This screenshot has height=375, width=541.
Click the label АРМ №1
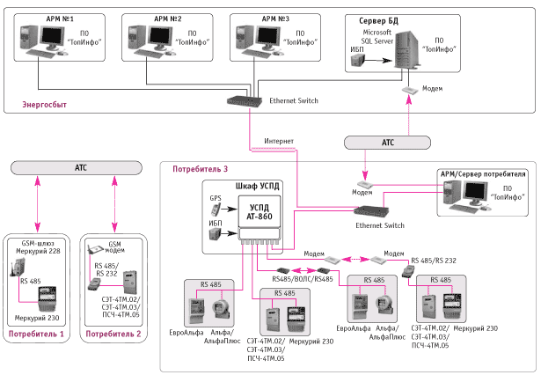(60, 18)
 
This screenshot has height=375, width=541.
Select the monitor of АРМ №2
(160, 37)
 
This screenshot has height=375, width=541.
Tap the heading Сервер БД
(378, 21)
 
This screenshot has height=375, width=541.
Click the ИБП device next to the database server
(358, 61)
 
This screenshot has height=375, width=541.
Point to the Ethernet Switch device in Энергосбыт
(245, 101)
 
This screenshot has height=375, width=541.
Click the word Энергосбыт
(45, 104)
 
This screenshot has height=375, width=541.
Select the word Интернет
(279, 141)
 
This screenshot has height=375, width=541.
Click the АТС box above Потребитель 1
(77, 168)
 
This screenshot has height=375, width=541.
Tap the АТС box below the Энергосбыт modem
(387, 143)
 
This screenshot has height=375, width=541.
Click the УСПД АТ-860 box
(260, 211)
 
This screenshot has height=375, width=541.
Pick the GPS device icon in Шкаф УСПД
(216, 210)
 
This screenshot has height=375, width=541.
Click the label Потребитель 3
(200, 169)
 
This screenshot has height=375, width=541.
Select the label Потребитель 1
(36, 334)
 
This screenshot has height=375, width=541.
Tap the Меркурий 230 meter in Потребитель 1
(47, 299)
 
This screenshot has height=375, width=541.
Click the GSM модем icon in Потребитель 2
(96, 250)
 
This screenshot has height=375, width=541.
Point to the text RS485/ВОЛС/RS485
(303, 279)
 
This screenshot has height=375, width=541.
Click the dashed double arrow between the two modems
(355, 259)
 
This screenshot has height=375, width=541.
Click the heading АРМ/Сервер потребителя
(483, 174)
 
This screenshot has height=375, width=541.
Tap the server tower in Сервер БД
(408, 48)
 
